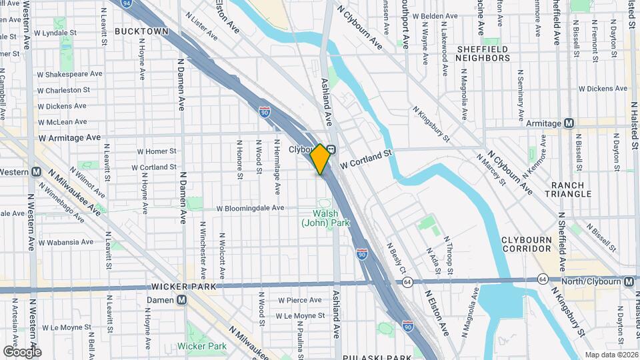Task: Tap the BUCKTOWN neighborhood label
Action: pyautogui.click(x=141, y=31)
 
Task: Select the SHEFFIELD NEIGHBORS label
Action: pyautogui.click(x=483, y=53)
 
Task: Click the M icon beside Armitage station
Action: pyautogui.click(x=569, y=123)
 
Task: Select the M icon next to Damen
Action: pyautogui.click(x=181, y=301)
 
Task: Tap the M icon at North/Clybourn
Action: pyautogui.click(x=629, y=282)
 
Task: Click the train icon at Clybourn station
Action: pyautogui.click(x=331, y=150)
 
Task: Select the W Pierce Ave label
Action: pyautogui.click(x=300, y=301)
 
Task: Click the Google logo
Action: pyautogui.click(x=22, y=351)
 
